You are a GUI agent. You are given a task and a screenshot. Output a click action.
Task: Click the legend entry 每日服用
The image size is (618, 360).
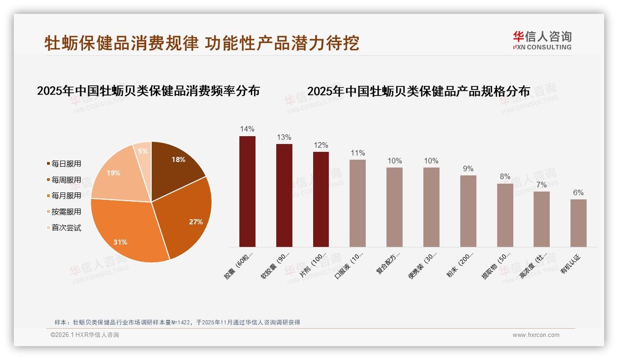coord(66,164)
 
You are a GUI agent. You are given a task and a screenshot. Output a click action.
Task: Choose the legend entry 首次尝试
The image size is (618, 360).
coord(66,228)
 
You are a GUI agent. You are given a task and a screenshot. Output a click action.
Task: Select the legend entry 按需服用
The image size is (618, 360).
coord(66,211)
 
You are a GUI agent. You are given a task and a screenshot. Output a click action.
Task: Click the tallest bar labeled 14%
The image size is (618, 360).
coord(247,192)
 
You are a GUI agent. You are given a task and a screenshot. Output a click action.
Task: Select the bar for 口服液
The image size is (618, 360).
coord(357,203)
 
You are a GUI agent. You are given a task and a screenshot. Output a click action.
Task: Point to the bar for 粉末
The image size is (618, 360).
coord(468,211)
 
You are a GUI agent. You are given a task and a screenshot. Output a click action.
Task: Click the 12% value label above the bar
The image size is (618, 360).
coord(321,145)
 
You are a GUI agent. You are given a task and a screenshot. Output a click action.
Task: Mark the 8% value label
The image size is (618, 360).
coord(505,176)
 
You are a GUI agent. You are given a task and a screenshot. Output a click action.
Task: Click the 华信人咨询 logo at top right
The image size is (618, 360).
coord(542,40)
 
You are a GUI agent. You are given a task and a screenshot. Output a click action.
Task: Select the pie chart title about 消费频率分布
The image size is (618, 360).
coord(148,91)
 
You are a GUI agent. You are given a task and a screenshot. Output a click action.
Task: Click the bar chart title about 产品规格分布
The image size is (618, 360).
coord(418,91)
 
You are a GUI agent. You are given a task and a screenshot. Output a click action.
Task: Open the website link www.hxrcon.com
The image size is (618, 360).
coord(536,335)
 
